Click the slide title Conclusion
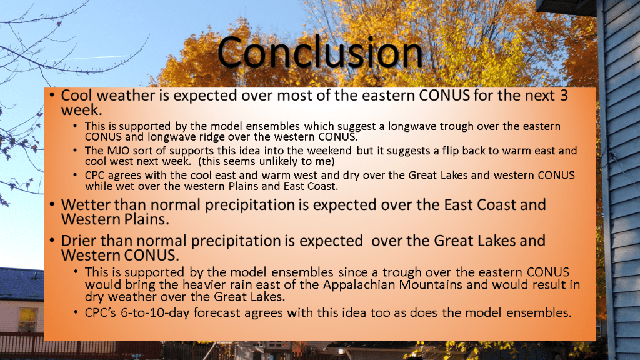click(320, 52)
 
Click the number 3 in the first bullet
click(564, 95)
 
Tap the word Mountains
click(431, 284)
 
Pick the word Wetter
click(86, 204)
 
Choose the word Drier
click(79, 241)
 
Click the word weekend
click(329, 151)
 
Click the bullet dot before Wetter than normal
click(52, 204)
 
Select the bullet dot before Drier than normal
click(52, 240)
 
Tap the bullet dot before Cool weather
click(52, 95)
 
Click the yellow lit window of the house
click(27, 319)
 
